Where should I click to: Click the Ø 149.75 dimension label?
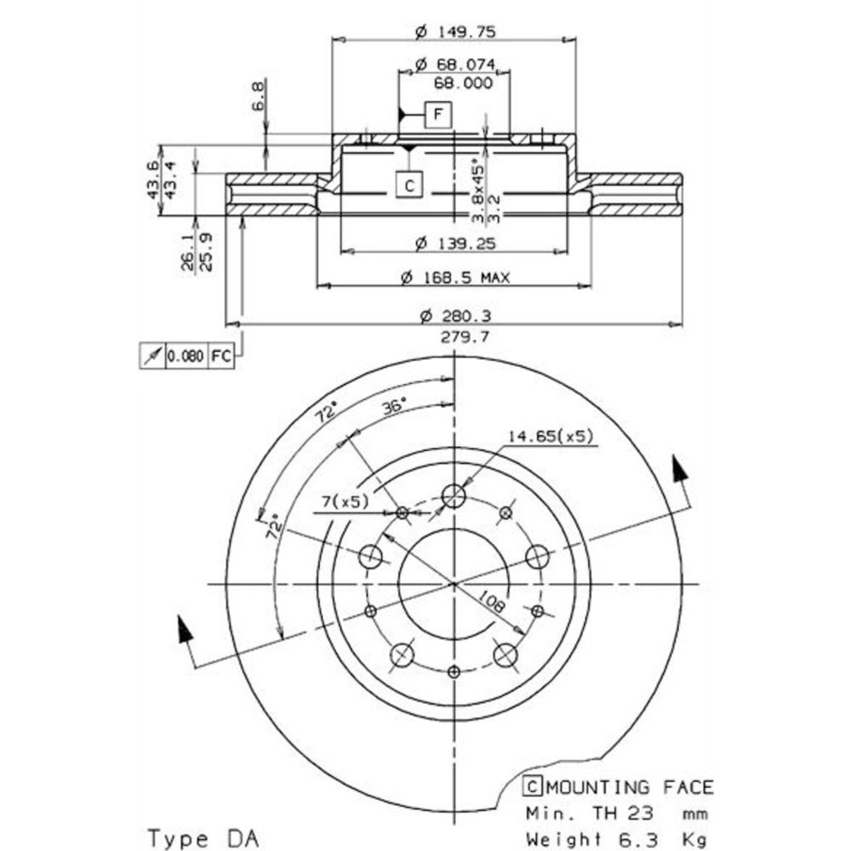(455, 32)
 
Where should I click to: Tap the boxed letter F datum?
(437, 113)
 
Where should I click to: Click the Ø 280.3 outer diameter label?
(455, 317)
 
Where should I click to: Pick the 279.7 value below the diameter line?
(465, 337)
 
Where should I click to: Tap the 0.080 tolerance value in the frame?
(185, 357)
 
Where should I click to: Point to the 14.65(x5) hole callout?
(550, 437)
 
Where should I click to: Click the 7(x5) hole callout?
(346, 502)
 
